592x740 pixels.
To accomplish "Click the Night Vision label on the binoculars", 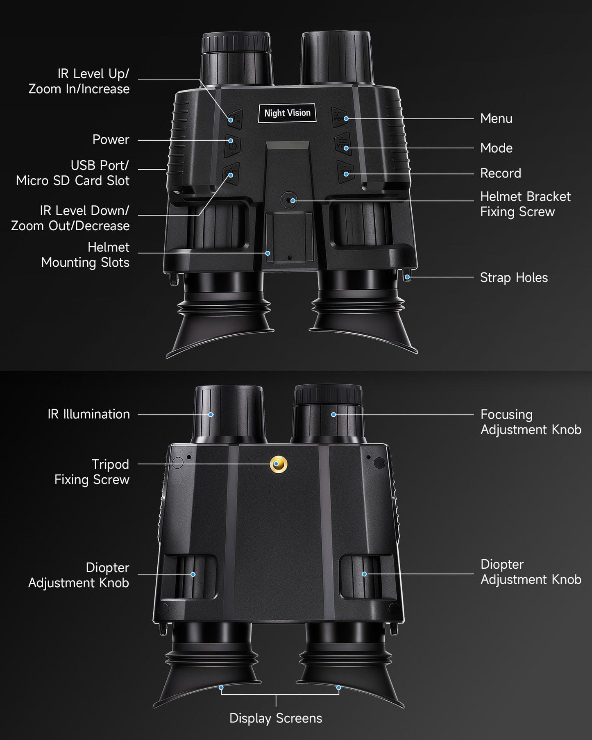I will coord(287,113).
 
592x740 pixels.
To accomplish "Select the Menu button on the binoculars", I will coord(340,118).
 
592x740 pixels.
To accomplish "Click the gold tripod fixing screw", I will coord(278,464).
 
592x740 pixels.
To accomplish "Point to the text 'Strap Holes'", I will coord(513,278).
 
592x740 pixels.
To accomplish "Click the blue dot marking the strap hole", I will coord(407,277).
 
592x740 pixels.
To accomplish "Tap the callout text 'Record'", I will coord(500,173).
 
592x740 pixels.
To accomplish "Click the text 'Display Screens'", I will coord(275,718).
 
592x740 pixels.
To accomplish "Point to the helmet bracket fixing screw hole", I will coord(289,200).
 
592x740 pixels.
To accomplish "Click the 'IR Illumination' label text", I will coord(88,414).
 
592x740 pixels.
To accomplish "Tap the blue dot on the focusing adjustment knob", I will coord(333,415).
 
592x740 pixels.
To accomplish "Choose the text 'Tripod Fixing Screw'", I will coord(92,472).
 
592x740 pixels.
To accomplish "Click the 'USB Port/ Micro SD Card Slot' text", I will coord(73,173).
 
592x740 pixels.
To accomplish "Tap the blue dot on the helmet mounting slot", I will coord(268,253).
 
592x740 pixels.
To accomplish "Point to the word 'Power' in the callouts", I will coord(111,140).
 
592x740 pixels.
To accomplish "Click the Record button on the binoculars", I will coord(345,171).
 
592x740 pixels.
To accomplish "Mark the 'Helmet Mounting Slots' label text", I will coord(85,255).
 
